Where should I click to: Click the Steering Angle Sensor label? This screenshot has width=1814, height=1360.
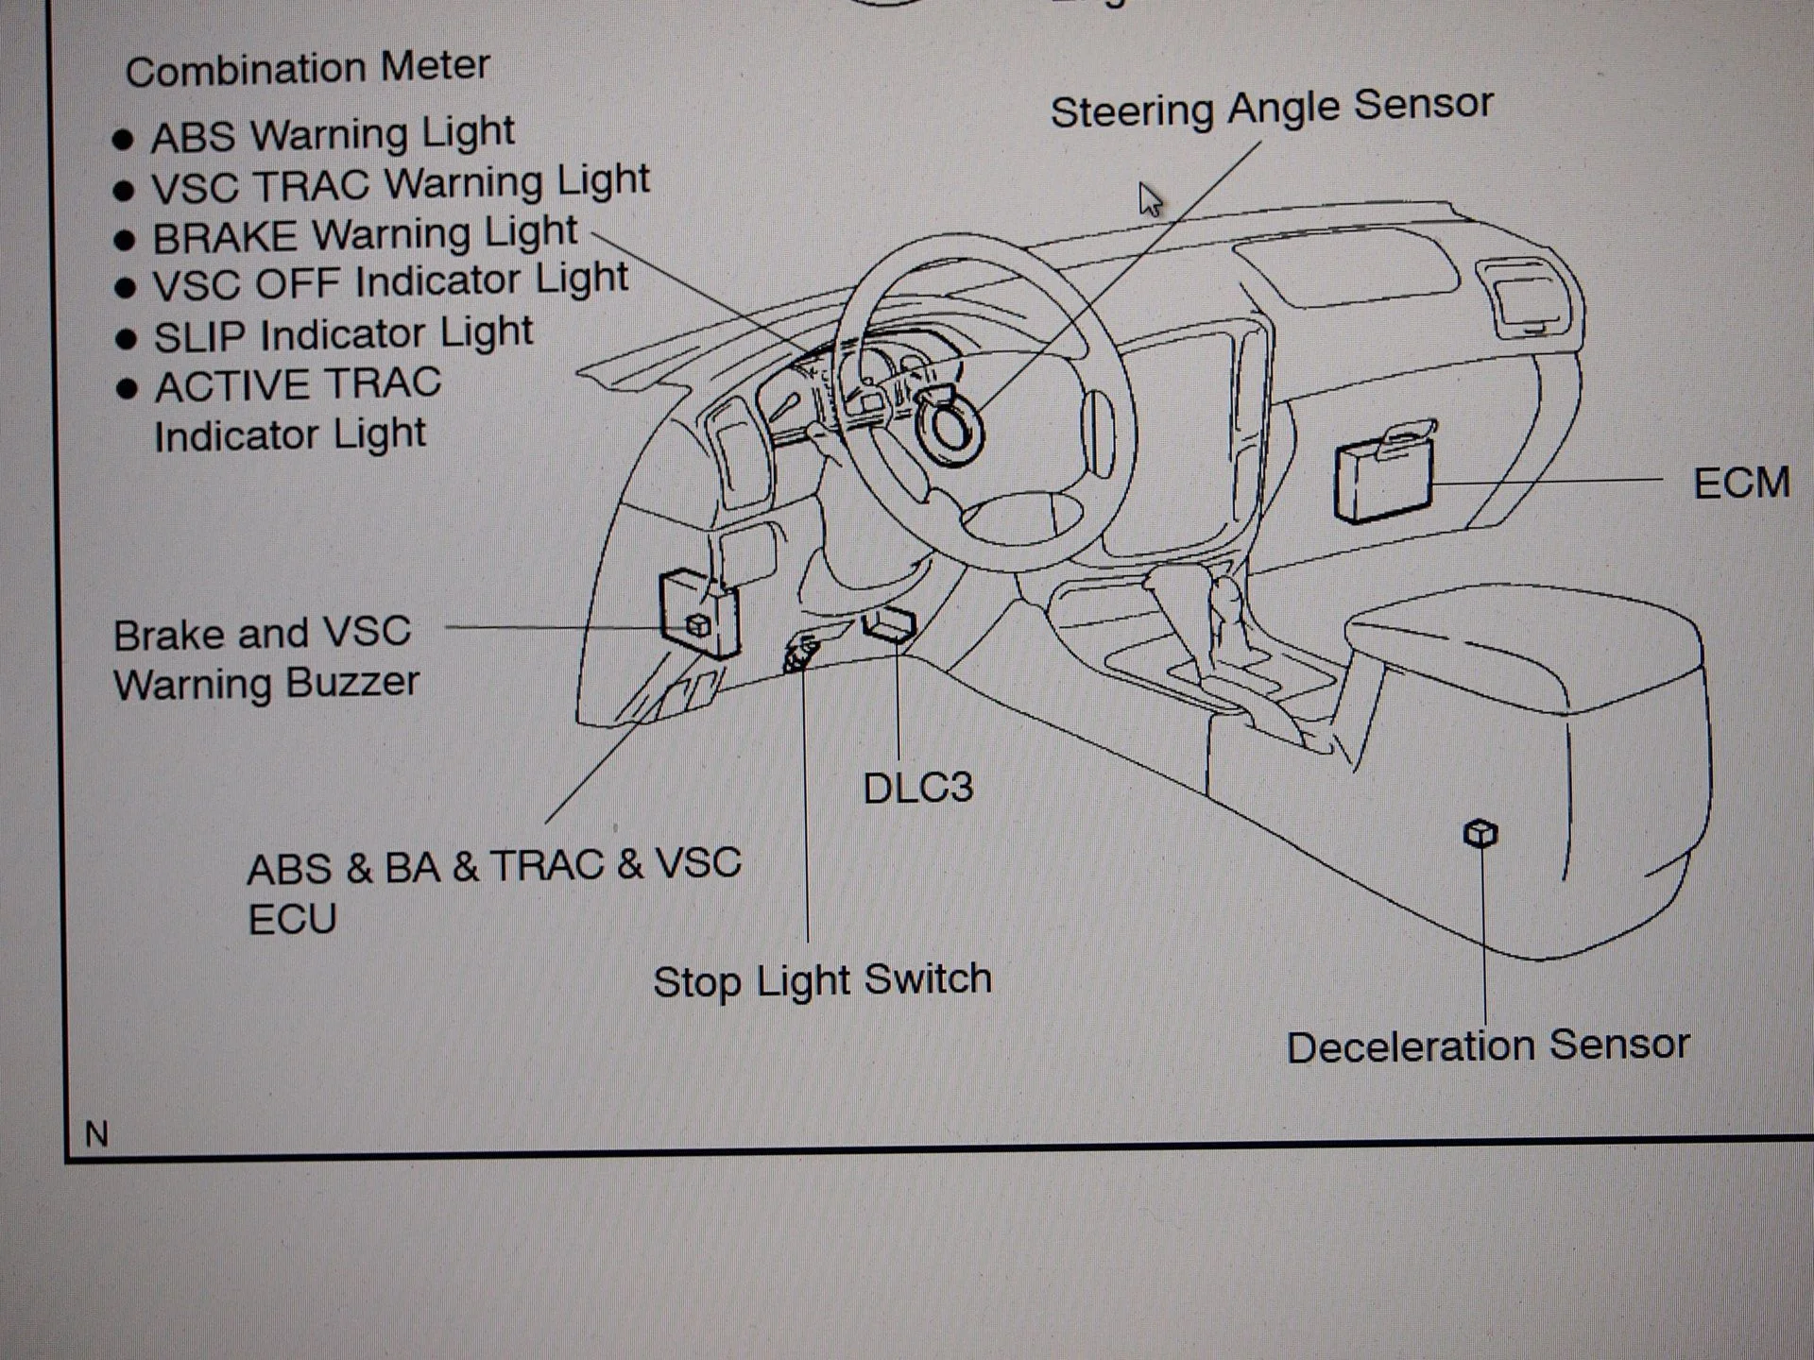point(1272,108)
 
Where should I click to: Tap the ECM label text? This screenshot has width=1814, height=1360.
point(1740,484)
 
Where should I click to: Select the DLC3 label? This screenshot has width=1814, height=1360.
point(917,788)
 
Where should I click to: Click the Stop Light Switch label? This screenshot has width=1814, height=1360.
point(822,980)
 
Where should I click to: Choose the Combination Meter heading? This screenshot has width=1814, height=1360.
point(307,68)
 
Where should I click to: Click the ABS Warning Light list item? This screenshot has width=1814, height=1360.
point(333,134)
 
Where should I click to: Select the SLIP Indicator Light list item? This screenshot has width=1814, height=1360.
point(343,334)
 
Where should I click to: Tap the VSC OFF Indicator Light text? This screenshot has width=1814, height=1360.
point(390,282)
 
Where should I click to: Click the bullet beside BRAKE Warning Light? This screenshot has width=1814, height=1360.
point(124,240)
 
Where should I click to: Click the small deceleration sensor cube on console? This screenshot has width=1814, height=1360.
point(1480,833)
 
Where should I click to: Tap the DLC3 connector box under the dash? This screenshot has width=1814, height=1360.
point(889,624)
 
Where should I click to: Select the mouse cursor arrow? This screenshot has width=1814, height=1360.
point(1150,199)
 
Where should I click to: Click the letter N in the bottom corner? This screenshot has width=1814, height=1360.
point(96,1133)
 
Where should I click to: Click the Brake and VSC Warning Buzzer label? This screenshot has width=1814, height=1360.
point(265,658)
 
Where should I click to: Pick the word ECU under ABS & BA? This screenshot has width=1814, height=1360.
point(292,919)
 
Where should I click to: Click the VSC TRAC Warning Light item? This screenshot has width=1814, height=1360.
point(401,183)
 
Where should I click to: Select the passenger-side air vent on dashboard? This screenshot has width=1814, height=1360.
point(1531,297)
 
